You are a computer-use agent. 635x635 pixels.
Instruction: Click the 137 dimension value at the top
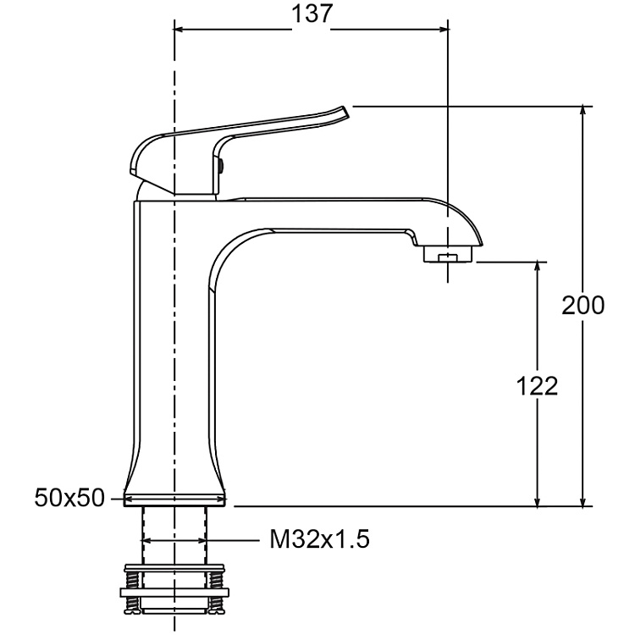[x=310, y=15]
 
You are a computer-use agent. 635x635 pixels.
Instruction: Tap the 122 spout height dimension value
[x=538, y=386]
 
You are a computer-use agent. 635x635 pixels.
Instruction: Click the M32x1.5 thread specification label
[x=320, y=539]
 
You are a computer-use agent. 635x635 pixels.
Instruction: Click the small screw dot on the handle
[x=222, y=167]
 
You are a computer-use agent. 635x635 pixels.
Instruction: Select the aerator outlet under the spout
[x=446, y=253]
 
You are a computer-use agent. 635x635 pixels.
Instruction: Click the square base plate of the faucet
[x=176, y=500]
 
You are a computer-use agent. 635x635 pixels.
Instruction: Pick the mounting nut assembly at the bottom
[x=174, y=588]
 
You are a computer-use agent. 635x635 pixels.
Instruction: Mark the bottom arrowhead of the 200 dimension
[x=583, y=501]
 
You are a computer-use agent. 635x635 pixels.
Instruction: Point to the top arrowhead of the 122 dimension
[x=538, y=268]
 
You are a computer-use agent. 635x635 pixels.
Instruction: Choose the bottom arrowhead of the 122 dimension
[x=538, y=501]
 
